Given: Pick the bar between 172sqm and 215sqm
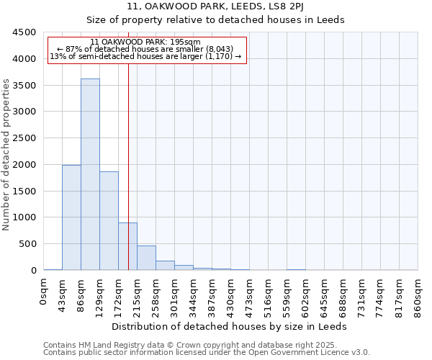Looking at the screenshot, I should click(x=127, y=246).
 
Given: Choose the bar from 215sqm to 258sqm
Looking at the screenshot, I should click(x=146, y=258).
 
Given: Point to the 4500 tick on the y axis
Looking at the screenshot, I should click(x=24, y=32).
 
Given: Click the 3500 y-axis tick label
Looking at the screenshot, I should click(x=24, y=86).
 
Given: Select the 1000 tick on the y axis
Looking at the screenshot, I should click(x=24, y=217).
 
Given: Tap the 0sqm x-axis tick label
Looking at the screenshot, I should click(x=44, y=293).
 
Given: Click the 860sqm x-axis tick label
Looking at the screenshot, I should click(x=418, y=297).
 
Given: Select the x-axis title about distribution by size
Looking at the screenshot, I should click(x=230, y=326).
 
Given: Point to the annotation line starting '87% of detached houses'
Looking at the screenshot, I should click(x=147, y=49).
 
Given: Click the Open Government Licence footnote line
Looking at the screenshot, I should click(x=207, y=353).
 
